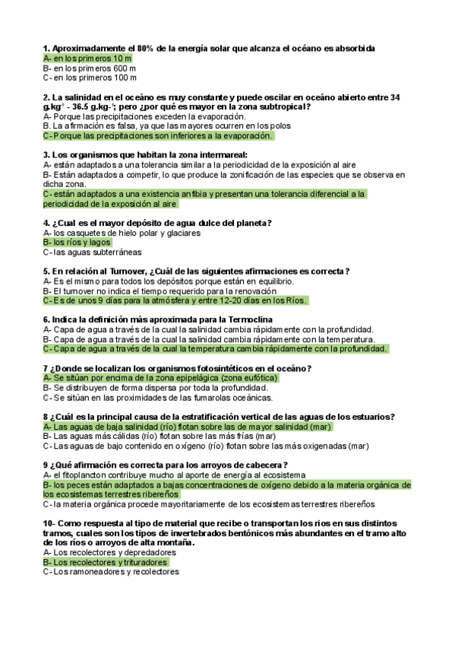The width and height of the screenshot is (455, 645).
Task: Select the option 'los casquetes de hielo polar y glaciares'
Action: (122, 233)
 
